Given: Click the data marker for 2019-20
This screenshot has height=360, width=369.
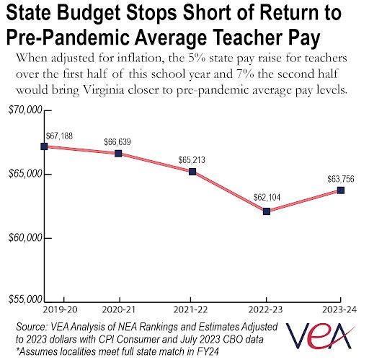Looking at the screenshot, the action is (44, 146).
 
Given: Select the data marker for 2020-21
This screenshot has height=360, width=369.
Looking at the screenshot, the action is (118, 154).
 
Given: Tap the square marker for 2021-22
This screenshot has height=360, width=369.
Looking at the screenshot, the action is (192, 172).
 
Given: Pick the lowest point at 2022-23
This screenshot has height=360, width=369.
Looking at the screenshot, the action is (267, 211).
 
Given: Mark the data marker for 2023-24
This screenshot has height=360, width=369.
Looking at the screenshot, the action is (341, 190).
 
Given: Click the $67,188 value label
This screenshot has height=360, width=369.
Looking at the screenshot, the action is (59, 136).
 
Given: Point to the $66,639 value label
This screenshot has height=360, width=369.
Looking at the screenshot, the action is (117, 142).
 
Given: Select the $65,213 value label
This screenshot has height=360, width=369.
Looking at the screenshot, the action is (192, 160).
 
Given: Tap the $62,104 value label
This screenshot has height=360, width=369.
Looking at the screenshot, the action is (267, 198).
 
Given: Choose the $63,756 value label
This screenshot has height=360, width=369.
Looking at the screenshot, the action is (341, 179).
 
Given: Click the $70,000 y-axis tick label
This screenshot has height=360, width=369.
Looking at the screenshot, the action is (25, 110).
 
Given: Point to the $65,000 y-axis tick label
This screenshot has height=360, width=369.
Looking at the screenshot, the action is (25, 174).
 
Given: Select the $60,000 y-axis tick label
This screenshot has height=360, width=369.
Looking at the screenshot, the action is (25, 238).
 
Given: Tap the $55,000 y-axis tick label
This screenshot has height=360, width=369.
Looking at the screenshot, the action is (25, 299).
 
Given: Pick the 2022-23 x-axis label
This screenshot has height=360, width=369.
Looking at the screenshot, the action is (265, 309).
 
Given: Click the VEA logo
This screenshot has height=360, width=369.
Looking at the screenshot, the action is (320, 335).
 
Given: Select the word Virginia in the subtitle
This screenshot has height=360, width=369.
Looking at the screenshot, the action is (104, 90).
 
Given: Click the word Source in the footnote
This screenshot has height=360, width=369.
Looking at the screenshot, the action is (31, 327).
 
